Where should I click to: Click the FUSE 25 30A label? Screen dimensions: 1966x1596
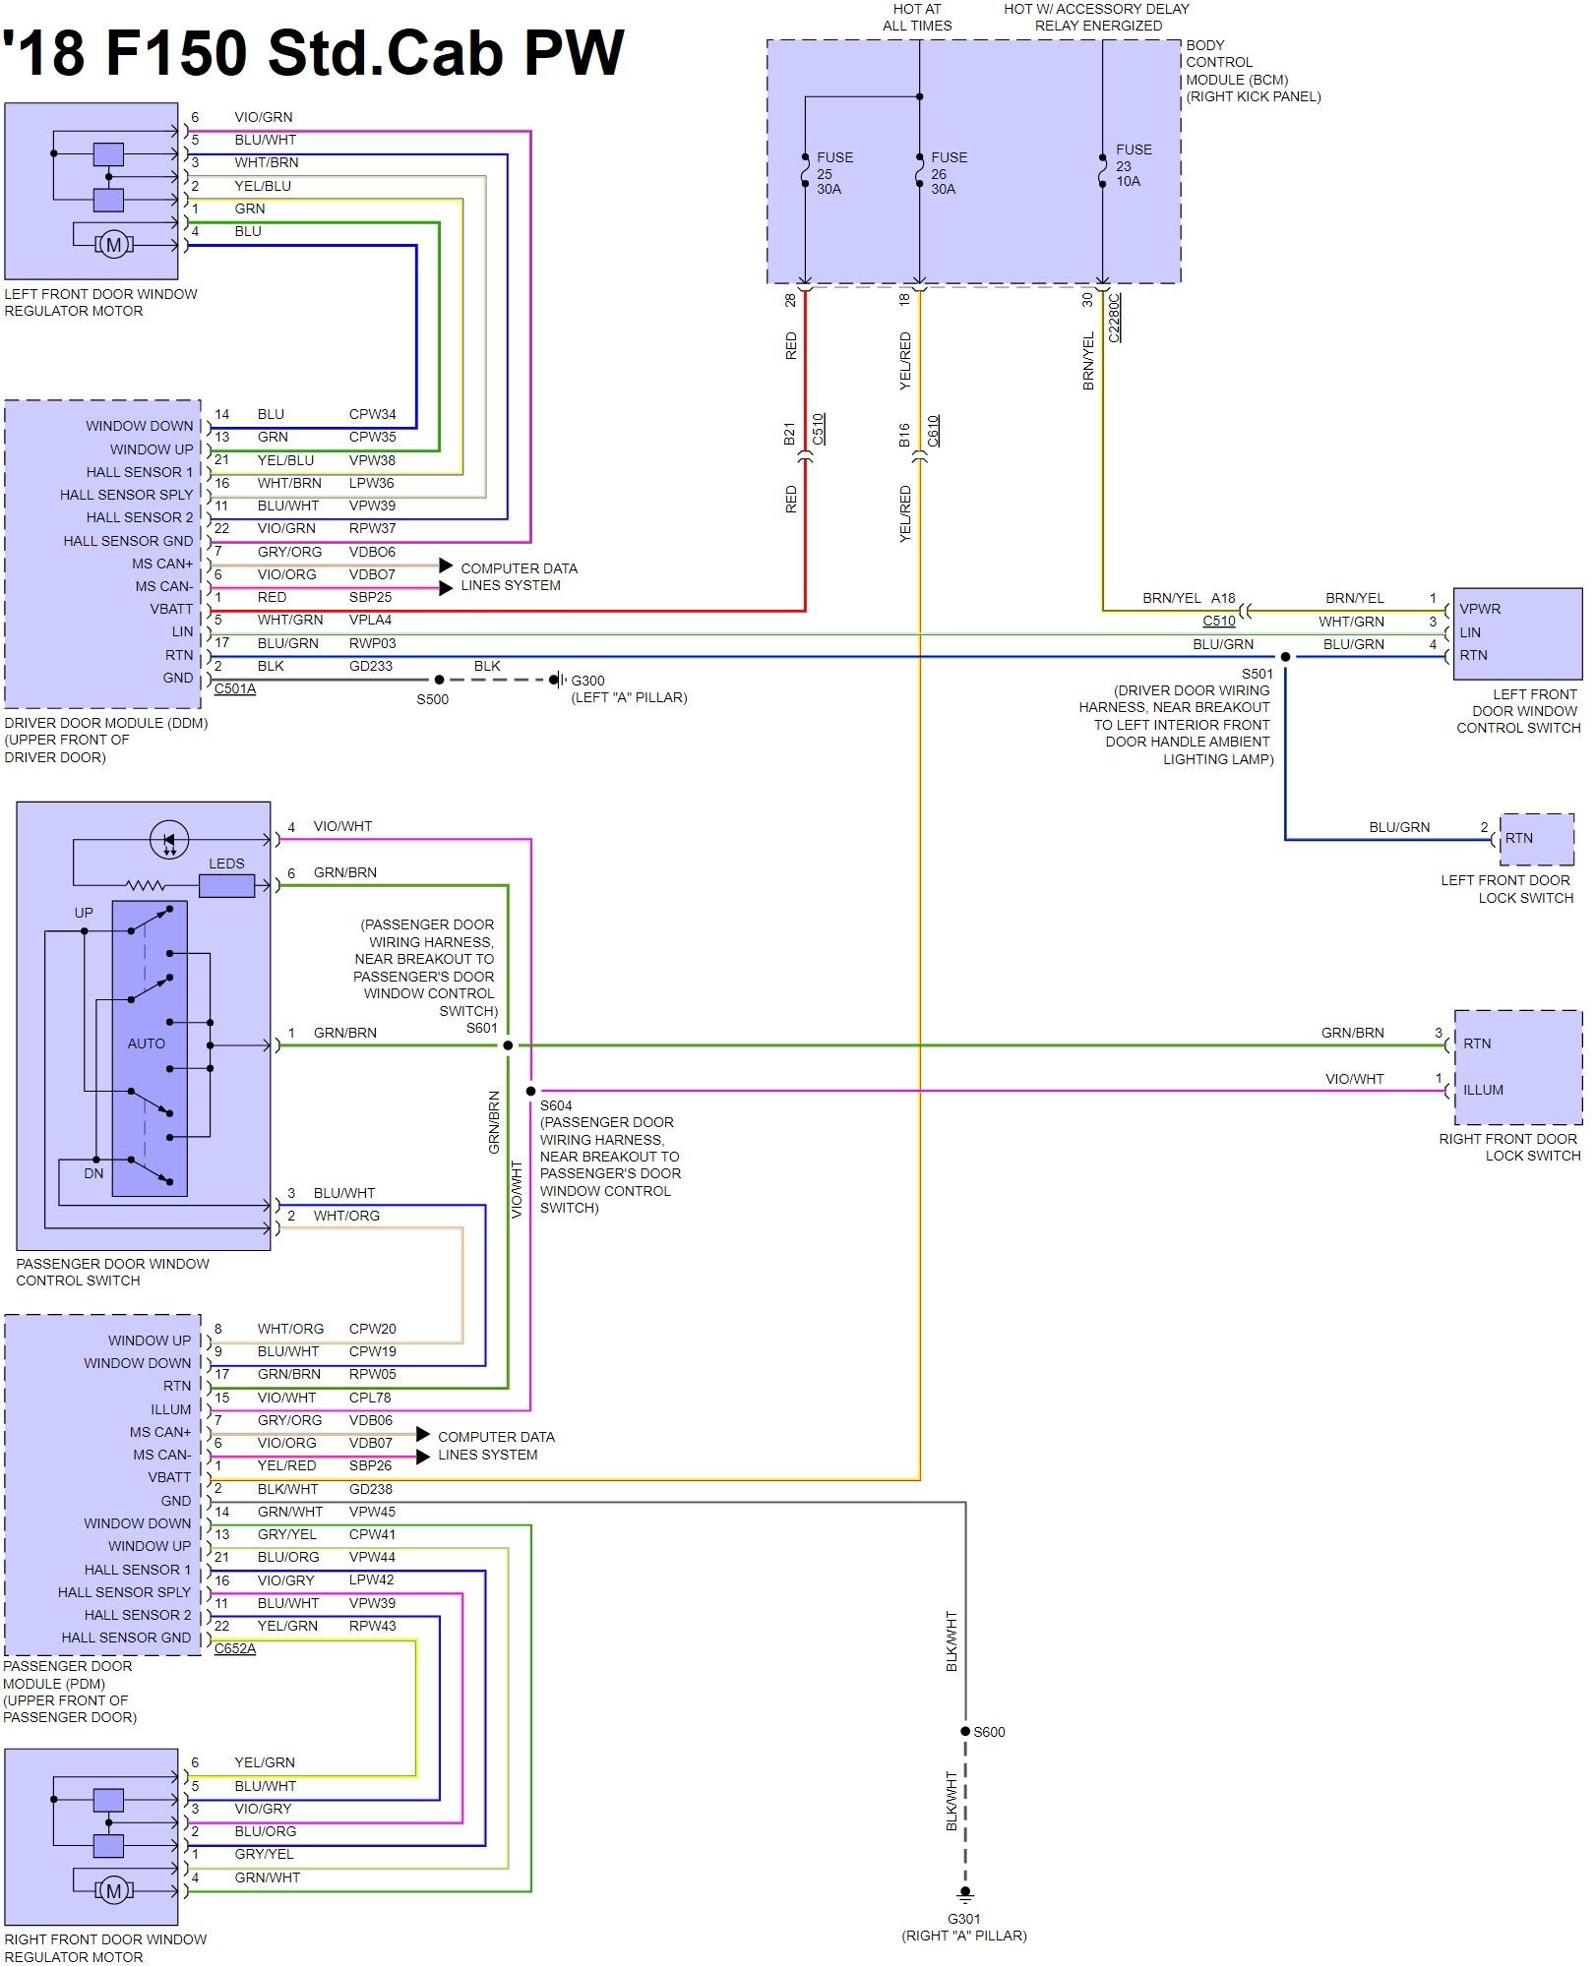point(833,173)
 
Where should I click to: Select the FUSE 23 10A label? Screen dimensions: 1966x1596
point(1133,165)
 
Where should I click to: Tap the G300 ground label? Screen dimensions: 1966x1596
point(587,681)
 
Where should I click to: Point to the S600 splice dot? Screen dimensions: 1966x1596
point(965,1732)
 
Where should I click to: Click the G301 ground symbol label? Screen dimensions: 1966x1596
point(963,1919)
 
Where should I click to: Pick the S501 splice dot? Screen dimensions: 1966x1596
point(1285,657)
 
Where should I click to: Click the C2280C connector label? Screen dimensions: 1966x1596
point(1114,318)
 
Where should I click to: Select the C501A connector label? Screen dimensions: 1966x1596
point(235,688)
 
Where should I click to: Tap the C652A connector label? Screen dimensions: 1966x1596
point(235,1648)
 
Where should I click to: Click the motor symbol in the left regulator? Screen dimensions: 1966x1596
point(113,244)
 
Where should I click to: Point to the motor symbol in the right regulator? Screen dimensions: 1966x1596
point(113,1890)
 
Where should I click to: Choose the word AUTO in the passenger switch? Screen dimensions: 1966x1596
point(146,1043)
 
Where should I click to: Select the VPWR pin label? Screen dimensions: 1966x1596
point(1480,609)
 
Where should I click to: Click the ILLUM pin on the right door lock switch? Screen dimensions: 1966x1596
point(1483,1090)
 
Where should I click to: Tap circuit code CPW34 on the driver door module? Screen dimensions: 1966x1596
point(372,414)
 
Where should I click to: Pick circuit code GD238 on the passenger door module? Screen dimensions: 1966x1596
point(370,1489)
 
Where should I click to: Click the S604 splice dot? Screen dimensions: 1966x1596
point(530,1091)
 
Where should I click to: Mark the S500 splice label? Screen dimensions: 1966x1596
point(432,699)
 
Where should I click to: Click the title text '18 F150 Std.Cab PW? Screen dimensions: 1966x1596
point(313,52)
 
